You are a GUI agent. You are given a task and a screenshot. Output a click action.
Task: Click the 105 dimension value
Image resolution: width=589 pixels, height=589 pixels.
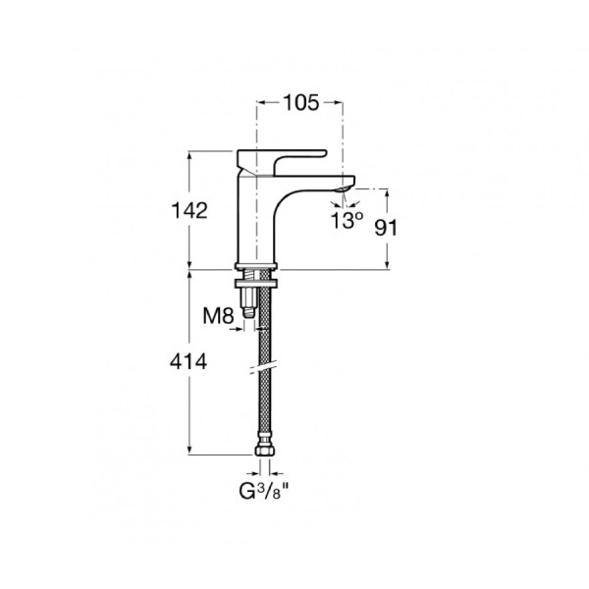(301, 103)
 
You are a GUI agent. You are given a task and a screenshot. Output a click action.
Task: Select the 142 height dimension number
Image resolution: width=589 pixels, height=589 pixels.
(189, 210)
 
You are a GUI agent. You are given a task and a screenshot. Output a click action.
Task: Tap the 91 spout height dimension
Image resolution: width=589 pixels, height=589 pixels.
(386, 228)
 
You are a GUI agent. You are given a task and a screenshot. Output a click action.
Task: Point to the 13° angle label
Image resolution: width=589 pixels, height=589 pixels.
(347, 220)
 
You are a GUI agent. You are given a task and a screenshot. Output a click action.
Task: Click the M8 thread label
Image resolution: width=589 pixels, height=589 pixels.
(218, 315)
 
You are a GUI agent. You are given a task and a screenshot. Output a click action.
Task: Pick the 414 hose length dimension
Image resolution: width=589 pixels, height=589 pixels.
(188, 362)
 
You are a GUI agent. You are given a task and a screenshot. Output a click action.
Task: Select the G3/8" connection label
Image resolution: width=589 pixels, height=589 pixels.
(264, 492)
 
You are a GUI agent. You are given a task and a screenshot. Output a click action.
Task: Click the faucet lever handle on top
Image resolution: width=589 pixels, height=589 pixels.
(282, 162)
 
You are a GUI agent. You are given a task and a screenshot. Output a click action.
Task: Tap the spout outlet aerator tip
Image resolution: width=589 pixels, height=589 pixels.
(345, 188)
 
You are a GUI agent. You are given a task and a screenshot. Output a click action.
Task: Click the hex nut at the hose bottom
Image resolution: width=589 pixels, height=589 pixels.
(264, 450)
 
